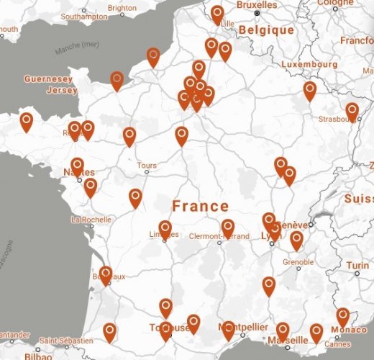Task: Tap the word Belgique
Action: click(267, 30)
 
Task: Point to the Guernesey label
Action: click(48, 78)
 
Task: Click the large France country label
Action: click(200, 205)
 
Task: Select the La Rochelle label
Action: click(90, 219)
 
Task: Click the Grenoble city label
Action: click(299, 261)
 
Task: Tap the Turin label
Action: click(357, 266)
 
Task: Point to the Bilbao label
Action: click(37, 356)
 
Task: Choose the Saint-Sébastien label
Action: click(66, 341)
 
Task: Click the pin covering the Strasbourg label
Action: click(352, 112)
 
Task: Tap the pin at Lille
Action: click(218, 14)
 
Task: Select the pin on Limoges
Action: click(165, 229)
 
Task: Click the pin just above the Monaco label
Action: click(343, 316)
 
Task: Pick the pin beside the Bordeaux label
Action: click(106, 274)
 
